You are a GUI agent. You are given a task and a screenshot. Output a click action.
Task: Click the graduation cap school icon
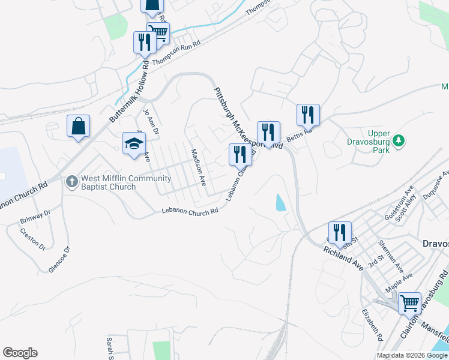coord(134,143)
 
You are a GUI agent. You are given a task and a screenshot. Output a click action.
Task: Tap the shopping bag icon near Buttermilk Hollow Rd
coord(78,127)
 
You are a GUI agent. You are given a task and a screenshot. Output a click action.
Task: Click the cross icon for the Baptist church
coord(71,181)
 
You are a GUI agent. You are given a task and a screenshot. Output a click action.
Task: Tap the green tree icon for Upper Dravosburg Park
coord(397,141)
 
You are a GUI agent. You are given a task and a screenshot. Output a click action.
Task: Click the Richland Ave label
coord(343,259)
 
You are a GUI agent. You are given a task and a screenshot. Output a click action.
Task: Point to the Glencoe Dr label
coord(59,260)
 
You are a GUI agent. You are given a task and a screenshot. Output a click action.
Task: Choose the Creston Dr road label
coord(32,239)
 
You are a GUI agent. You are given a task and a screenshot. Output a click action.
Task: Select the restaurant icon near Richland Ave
coord(340,233)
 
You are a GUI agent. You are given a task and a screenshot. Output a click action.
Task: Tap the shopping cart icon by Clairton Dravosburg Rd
coord(410,304)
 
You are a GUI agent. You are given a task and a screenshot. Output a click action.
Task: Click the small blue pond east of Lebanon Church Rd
coord(280,203)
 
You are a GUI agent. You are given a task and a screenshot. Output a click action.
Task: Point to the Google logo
coord(20,352)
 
